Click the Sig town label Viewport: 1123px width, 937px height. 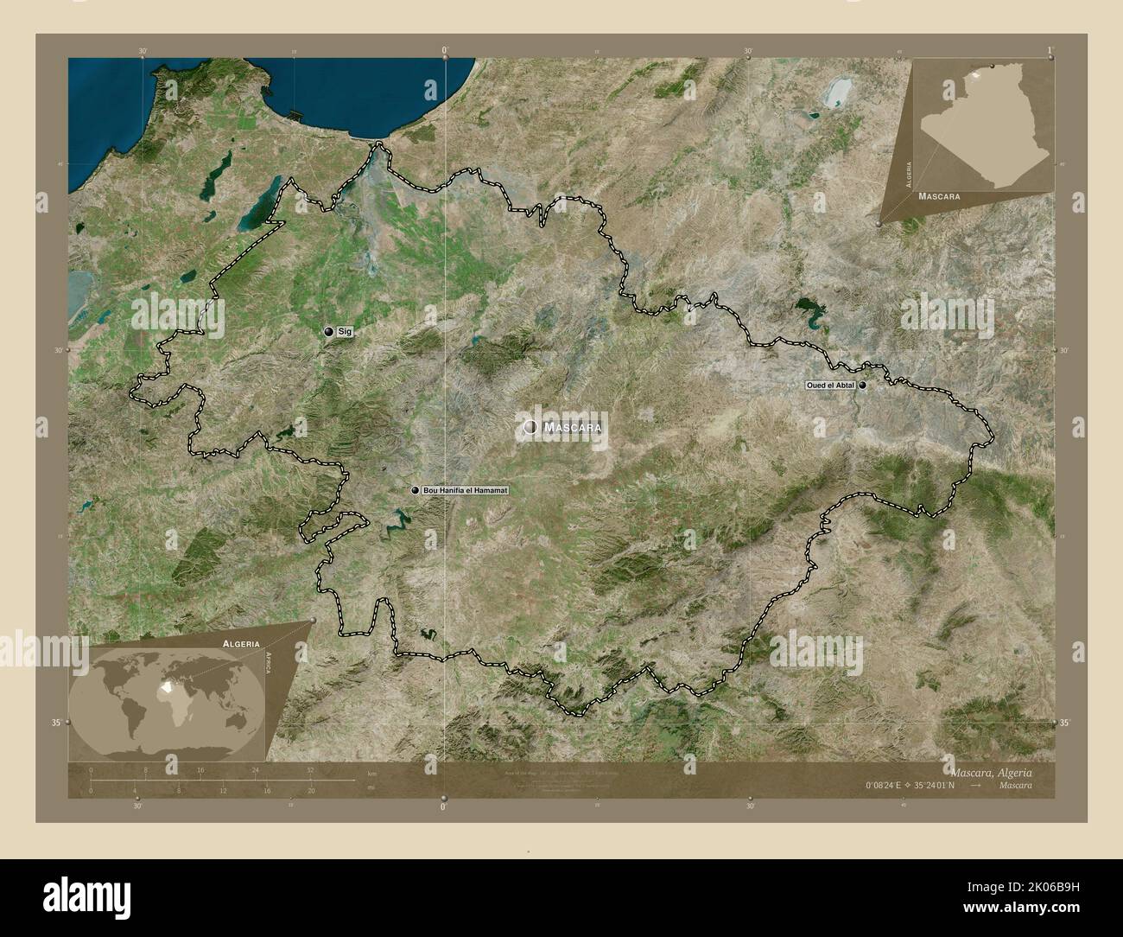point(345,331)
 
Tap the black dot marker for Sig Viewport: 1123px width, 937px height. point(328,331)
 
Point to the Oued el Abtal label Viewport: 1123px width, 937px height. point(830,386)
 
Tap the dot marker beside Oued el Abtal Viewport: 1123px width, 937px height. point(862,386)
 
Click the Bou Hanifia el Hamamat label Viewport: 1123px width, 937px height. point(466,490)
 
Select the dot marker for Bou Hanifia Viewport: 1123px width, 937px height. point(416,490)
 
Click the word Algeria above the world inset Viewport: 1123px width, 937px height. point(241,644)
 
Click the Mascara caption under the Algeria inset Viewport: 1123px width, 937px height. point(940,197)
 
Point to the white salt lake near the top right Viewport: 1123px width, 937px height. point(835,92)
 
